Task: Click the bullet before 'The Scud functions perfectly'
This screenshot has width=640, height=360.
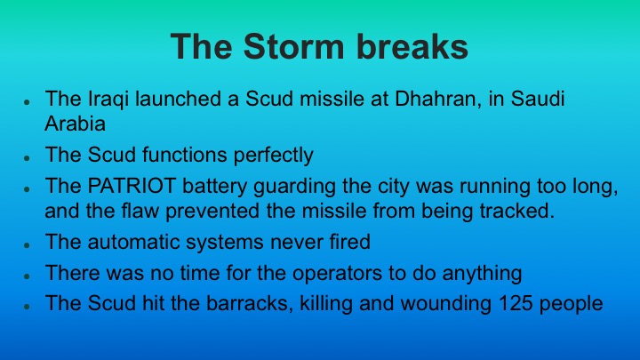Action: coord(29,157)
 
